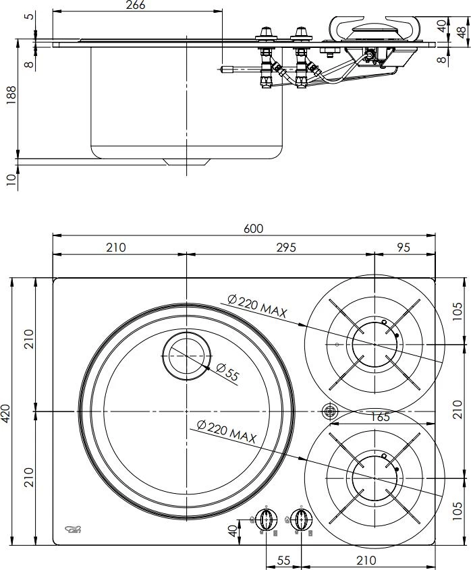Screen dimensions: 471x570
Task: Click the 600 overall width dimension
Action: pyautogui.click(x=253, y=229)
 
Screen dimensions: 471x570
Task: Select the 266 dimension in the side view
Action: pyautogui.click(x=136, y=5)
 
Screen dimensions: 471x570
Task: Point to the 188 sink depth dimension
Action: pyautogui.click(x=11, y=95)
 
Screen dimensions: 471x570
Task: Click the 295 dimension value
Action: pyautogui.click(x=286, y=248)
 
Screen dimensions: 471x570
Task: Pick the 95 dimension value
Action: pyautogui.click(x=404, y=248)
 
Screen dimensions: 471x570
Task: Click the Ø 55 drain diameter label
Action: pyautogui.click(x=227, y=372)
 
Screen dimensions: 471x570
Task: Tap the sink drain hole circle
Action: pyautogui.click(x=187, y=356)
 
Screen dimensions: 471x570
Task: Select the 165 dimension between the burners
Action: pyautogui.click(x=380, y=417)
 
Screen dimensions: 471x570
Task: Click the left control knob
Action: pyautogui.click(x=267, y=520)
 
